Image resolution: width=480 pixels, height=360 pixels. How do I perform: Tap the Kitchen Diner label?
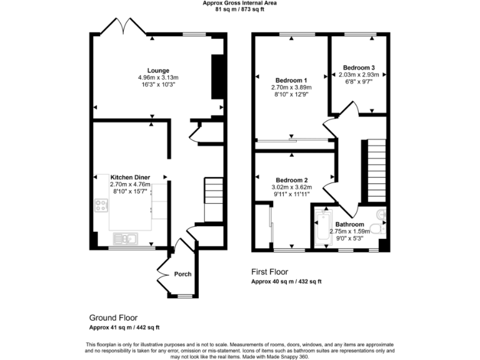point(131,177)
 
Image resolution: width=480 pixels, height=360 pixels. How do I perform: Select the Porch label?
point(182,274)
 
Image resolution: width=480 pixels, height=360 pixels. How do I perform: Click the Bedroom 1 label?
point(291,80)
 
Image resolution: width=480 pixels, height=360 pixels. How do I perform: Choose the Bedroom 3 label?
point(359,67)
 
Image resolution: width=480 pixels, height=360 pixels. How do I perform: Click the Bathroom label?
point(349,224)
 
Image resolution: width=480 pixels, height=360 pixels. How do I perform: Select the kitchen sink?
point(126,238)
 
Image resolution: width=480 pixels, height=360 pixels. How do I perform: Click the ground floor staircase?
point(214,199)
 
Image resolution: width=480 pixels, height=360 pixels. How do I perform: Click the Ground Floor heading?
point(113,317)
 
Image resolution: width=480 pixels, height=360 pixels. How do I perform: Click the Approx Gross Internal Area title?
point(239,3)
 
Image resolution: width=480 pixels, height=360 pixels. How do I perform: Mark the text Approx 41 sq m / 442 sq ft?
point(124,328)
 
